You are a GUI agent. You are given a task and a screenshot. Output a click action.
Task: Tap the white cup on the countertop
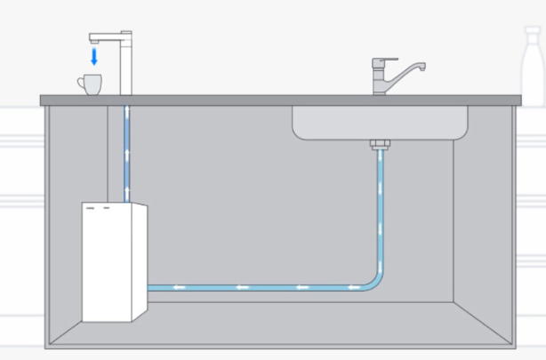click(x=90, y=84)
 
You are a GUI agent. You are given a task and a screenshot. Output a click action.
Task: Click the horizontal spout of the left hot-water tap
click(x=105, y=37)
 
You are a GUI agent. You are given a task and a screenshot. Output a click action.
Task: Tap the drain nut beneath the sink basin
click(x=380, y=143)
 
